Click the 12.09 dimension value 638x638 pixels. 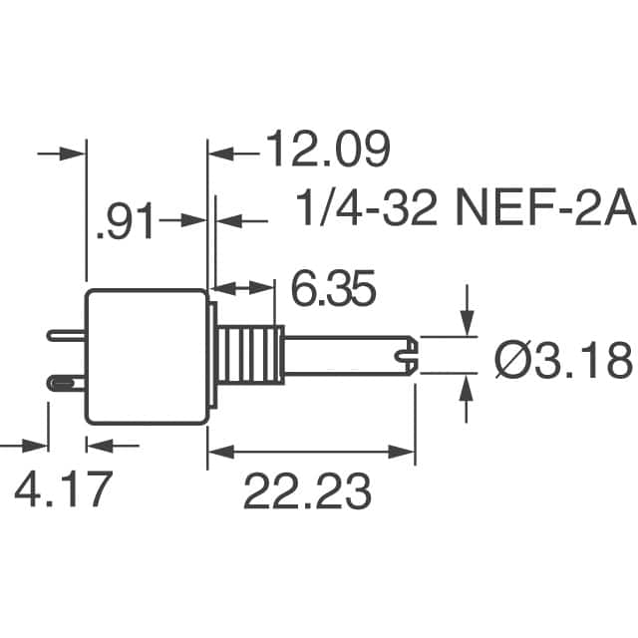328,149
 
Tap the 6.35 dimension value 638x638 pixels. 333,288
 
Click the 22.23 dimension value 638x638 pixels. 307,490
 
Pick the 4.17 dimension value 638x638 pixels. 63,488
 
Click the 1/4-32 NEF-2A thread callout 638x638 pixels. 466,208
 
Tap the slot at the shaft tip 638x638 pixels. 406,356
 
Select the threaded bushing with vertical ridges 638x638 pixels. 251,355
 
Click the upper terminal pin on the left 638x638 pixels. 67,336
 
